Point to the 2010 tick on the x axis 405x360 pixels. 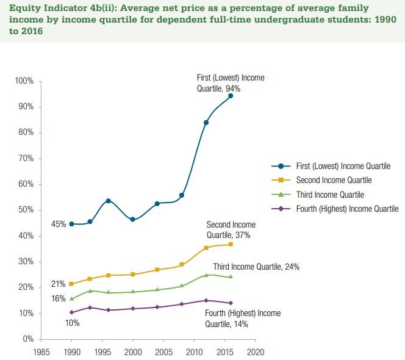click(x=195, y=351)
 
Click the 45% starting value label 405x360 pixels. click(x=59, y=224)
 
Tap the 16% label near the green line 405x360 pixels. click(x=59, y=299)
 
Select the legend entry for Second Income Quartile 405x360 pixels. click(x=333, y=180)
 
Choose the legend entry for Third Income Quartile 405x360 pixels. click(x=329, y=195)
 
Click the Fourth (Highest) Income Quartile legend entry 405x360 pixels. click(x=346, y=209)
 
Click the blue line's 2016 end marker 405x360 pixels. click(x=231, y=96)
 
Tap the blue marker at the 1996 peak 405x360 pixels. click(x=108, y=201)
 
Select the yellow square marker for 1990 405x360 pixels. click(x=71, y=284)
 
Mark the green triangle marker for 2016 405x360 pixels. click(x=231, y=276)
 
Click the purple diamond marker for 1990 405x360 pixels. click(x=72, y=312)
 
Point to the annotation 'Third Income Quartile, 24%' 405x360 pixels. click(x=256, y=267)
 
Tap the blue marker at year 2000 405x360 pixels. click(x=132, y=219)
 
